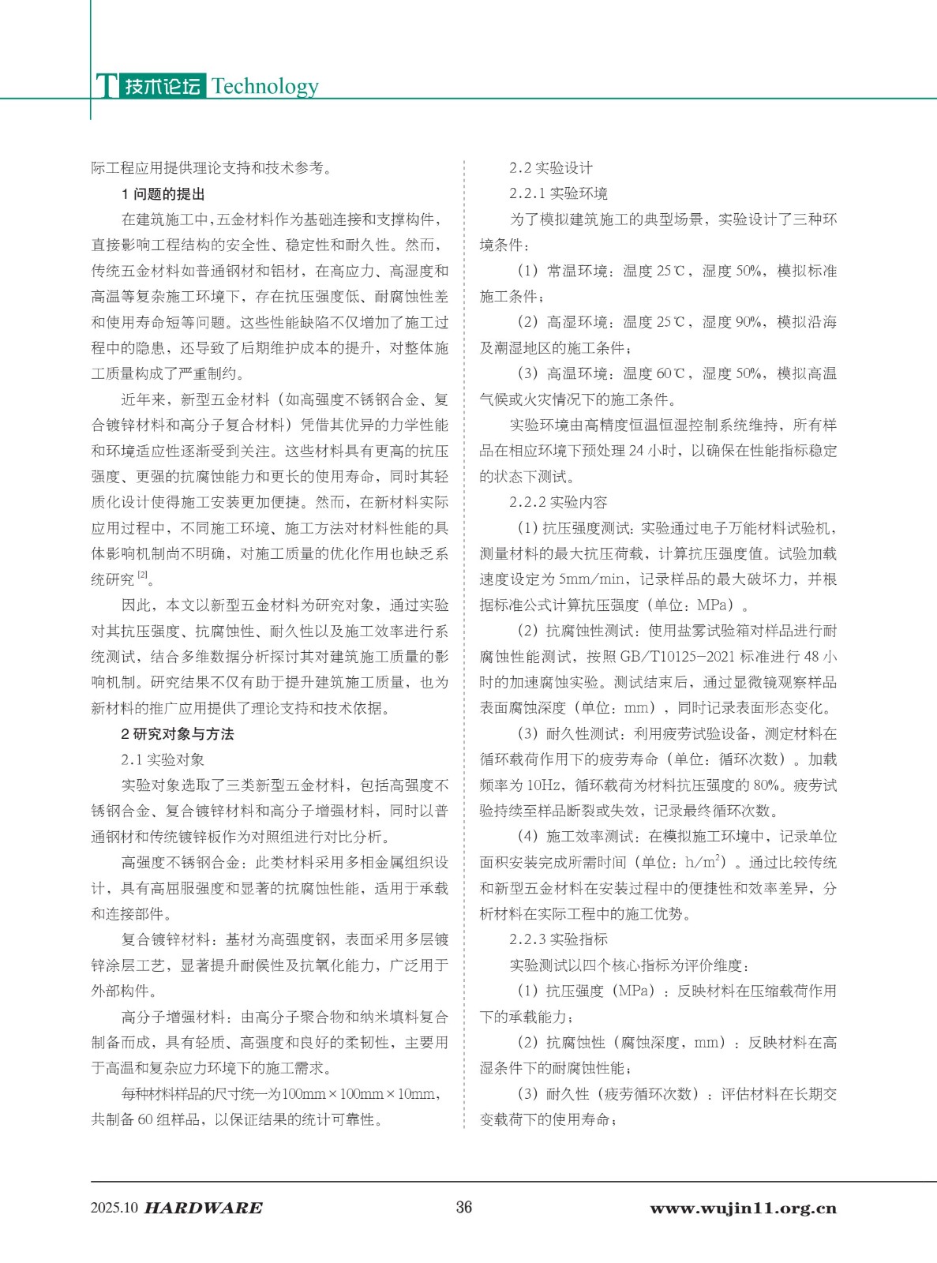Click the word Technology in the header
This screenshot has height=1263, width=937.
click(x=265, y=86)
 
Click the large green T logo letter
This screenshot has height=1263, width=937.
click(x=105, y=85)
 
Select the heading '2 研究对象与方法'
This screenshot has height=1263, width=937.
click(x=177, y=734)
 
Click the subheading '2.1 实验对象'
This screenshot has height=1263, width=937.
click(x=163, y=759)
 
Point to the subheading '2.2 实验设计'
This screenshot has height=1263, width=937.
click(x=550, y=168)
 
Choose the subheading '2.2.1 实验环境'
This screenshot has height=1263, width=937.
click(x=558, y=194)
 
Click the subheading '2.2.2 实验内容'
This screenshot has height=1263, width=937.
click(x=558, y=502)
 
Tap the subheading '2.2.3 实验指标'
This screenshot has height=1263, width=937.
click(x=558, y=939)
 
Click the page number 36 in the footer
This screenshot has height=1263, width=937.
click(x=464, y=1207)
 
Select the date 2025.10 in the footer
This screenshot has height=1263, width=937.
click(x=114, y=1208)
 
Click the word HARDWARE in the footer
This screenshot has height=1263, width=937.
click(x=204, y=1208)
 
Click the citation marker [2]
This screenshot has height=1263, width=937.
click(x=143, y=576)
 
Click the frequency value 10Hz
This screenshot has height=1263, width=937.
click(x=545, y=785)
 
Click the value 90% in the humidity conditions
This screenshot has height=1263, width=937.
click(x=750, y=322)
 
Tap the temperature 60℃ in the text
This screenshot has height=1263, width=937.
click(x=673, y=373)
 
